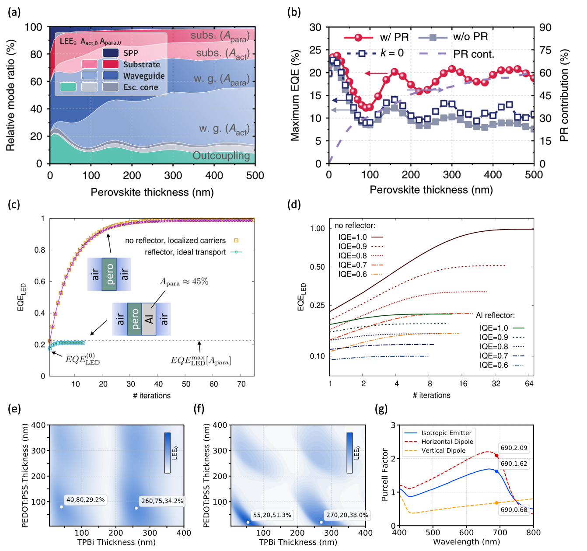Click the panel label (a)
14,12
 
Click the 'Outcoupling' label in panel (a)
221,156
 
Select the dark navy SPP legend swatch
111,53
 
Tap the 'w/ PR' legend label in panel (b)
394,37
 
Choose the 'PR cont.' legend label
473,54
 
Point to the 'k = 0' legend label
392,53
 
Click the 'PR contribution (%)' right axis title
564,95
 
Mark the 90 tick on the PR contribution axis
545,28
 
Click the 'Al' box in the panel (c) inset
149,319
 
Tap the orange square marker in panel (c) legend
236,240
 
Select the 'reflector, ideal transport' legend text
185,252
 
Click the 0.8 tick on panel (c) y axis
40,250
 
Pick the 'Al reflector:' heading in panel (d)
495,315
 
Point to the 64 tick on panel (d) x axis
529,384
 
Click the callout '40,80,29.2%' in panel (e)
85,500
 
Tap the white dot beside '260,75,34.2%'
136,508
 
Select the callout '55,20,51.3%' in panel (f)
272,515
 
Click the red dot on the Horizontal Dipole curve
496,456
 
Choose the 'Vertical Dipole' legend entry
443,450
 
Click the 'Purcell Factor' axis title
385,474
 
